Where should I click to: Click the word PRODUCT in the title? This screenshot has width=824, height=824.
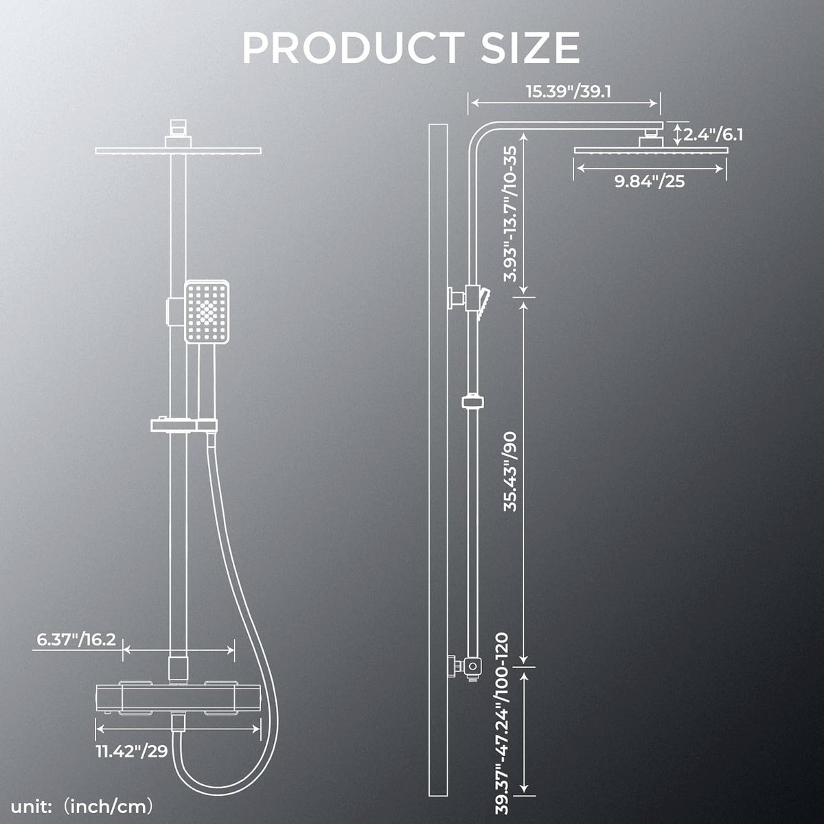click(353, 47)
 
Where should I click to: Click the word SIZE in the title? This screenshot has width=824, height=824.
click(530, 47)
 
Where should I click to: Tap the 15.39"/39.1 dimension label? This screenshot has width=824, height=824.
click(569, 91)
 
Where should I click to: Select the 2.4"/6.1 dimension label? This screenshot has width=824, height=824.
click(713, 135)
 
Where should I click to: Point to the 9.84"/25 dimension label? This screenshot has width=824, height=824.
click(650, 181)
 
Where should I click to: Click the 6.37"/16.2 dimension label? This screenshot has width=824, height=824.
click(76, 640)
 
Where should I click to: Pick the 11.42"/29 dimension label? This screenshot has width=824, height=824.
click(132, 751)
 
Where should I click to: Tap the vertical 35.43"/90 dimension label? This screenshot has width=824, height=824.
click(510, 472)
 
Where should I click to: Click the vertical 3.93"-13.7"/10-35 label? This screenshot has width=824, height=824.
click(510, 214)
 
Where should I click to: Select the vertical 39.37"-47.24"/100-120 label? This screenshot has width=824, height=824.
click(501, 724)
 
